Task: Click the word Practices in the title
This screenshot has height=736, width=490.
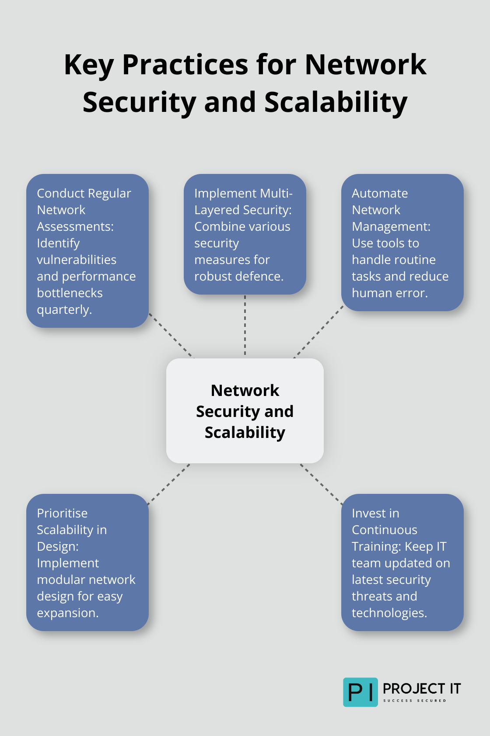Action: click(185, 65)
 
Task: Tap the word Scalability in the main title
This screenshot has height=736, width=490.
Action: click(336, 102)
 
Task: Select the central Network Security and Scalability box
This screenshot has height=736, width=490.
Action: click(245, 411)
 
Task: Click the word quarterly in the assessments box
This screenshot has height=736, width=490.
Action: click(64, 310)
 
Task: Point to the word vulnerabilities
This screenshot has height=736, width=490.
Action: click(77, 260)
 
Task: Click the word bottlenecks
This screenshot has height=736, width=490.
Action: click(70, 293)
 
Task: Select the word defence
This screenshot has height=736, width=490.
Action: click(261, 277)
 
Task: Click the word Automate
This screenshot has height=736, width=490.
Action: click(380, 194)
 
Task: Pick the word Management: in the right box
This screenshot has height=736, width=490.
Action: click(391, 227)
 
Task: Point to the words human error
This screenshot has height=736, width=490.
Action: click(389, 293)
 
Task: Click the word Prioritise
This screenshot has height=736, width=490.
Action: click(62, 514)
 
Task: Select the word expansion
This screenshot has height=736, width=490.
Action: click(67, 613)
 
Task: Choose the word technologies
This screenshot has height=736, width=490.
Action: click(389, 613)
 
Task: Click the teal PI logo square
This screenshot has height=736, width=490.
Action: click(360, 692)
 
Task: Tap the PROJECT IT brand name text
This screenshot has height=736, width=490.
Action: click(421, 689)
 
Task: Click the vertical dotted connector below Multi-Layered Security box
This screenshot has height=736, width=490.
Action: click(245, 326)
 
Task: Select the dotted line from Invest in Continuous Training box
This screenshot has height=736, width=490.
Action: click(322, 484)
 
